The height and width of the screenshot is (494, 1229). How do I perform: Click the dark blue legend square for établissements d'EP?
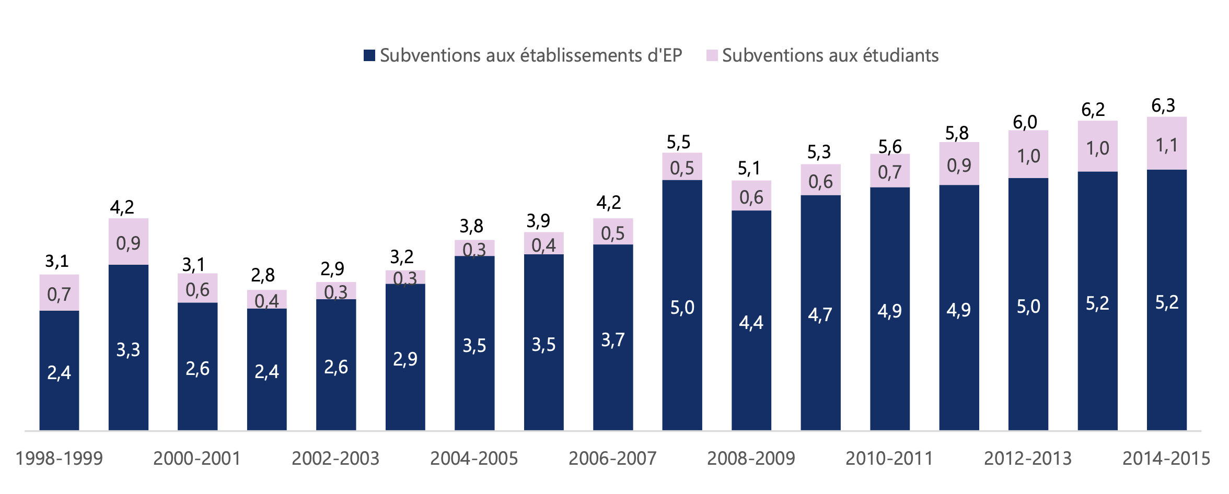point(369,55)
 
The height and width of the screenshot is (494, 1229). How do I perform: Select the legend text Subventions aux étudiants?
point(830,55)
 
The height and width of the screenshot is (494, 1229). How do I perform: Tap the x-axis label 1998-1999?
point(59,458)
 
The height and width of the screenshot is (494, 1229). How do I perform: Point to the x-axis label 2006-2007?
point(612,458)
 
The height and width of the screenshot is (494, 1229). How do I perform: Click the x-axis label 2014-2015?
point(1166,458)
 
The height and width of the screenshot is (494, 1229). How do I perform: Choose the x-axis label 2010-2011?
point(889,458)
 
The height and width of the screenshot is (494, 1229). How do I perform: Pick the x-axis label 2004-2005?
point(474,458)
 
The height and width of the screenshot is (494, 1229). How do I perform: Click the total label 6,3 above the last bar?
point(1163,106)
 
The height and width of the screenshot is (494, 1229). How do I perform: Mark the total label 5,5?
point(678,142)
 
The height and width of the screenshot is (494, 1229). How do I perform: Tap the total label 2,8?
point(263,275)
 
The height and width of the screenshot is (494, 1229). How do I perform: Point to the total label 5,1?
point(748,169)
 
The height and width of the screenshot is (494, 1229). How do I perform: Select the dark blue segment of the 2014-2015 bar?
point(1167,300)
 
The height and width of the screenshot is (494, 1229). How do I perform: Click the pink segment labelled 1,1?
point(1167,143)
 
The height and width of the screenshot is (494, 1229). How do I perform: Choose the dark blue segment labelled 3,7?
point(613,337)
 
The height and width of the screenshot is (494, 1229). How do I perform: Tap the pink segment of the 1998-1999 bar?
point(59,292)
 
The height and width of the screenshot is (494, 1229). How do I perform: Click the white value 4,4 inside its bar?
point(751,323)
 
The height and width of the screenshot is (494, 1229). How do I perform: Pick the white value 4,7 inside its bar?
point(820,315)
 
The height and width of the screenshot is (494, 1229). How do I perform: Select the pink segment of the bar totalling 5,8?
point(959,163)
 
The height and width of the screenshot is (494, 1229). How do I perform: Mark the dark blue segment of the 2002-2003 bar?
point(336,364)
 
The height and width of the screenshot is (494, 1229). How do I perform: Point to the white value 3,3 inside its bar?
point(128,350)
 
